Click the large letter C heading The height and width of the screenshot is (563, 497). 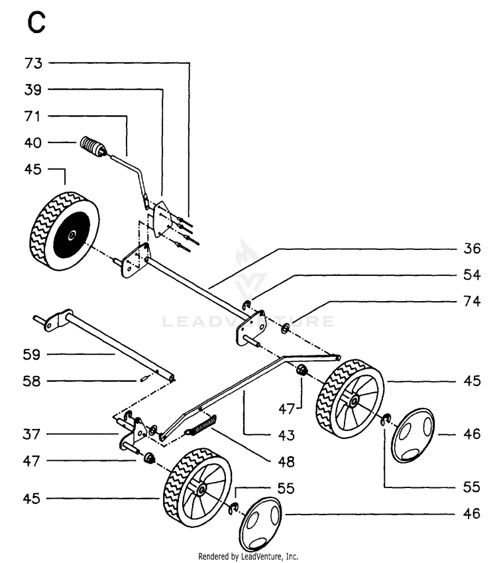click(x=36, y=23)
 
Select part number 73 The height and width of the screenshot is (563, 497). click(x=33, y=63)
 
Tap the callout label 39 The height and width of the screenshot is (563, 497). click(x=33, y=90)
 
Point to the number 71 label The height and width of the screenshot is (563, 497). click(x=32, y=116)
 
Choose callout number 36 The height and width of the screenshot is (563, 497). click(x=472, y=249)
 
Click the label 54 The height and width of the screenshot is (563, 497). click(x=472, y=275)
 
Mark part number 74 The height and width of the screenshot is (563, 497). click(x=472, y=301)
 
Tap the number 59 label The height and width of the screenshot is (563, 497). click(x=32, y=355)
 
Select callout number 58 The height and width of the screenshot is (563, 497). click(x=32, y=381)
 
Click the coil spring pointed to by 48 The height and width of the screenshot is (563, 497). click(x=201, y=426)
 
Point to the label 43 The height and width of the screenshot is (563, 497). click(x=286, y=435)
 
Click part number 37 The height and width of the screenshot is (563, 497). click(x=32, y=434)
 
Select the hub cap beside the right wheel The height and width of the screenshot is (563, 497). click(x=413, y=435)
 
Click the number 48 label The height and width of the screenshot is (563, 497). click(x=286, y=462)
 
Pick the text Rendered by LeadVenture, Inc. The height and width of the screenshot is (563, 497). click(x=248, y=556)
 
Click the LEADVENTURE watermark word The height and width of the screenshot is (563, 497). click(x=248, y=322)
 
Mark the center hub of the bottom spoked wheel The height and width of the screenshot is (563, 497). click(x=201, y=489)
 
